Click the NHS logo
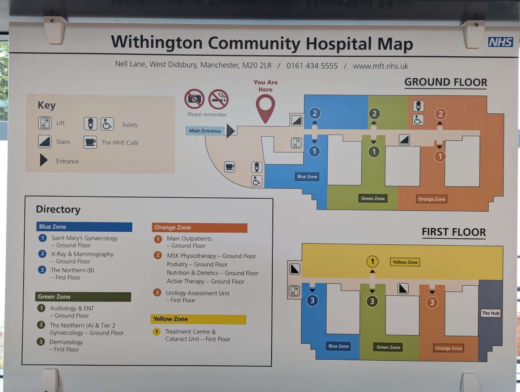[x=500, y=42]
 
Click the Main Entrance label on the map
[x=205, y=131]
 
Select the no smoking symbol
[x=218, y=99]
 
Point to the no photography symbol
[x=194, y=99]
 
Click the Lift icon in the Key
[x=45, y=123]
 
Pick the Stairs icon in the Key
[x=45, y=142]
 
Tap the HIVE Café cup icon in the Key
[x=91, y=142]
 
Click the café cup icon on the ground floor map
[x=229, y=166]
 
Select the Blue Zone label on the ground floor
[x=307, y=176]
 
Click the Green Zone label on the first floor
[x=388, y=347]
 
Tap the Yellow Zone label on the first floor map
[x=405, y=262]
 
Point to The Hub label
[x=490, y=313]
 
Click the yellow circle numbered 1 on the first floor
[x=372, y=261]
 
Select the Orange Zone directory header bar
[x=200, y=227]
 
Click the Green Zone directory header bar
[x=84, y=297]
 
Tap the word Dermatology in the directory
[x=66, y=342]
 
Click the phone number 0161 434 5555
[x=312, y=66]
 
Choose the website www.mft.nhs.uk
[x=380, y=66]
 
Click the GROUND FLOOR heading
[x=446, y=82]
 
